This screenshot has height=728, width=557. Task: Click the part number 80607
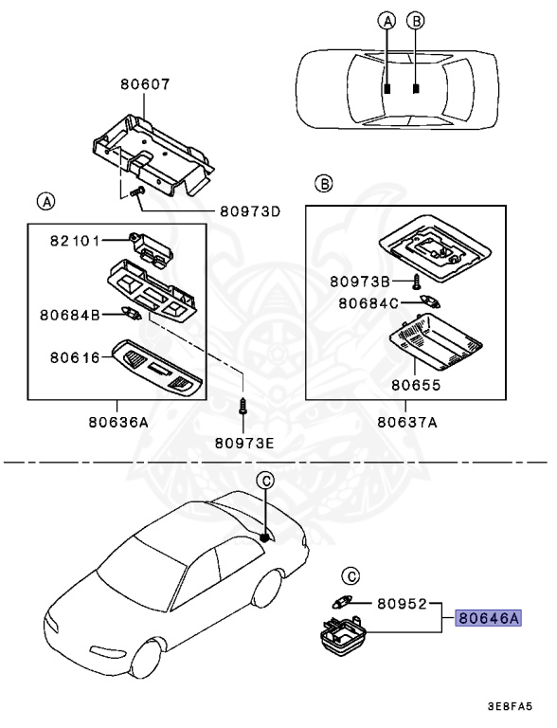tap(145, 83)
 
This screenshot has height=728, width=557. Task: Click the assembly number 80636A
tap(117, 423)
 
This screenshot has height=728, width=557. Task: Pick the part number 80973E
tap(243, 442)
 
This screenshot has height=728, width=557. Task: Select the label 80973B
tap(361, 281)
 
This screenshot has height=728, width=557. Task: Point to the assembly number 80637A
tap(406, 423)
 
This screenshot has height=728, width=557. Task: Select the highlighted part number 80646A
tap(489, 618)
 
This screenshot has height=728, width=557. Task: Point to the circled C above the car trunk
tap(266, 481)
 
